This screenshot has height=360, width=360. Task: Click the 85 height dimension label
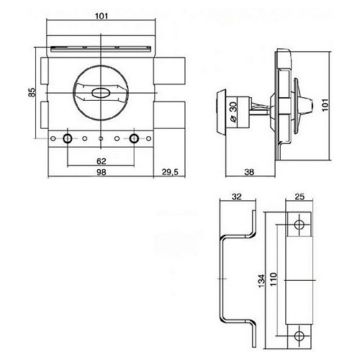pos(32,92)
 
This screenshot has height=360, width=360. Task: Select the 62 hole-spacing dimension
pos(102,161)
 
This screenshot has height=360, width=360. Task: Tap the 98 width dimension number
pos(101,172)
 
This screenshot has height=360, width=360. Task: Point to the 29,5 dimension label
pos(170,172)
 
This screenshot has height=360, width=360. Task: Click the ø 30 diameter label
pos(233,112)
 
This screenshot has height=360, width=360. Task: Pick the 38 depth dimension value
pos(249,172)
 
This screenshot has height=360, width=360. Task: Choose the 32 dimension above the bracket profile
pos(237,197)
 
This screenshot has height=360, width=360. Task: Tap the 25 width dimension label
pos(300,197)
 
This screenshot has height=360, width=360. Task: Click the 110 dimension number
pos(274,279)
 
